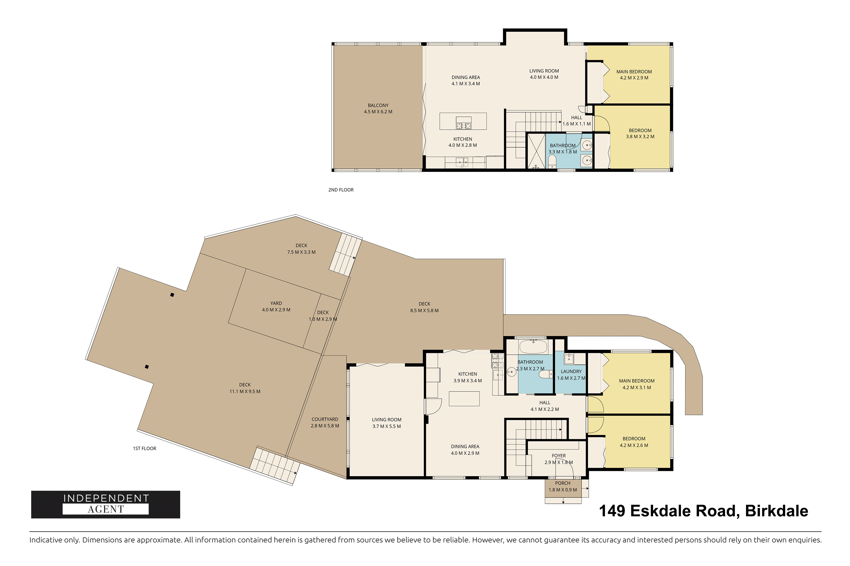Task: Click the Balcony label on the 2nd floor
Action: click(x=378, y=105)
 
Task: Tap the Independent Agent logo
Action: click(x=105, y=504)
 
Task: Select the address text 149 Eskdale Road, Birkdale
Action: click(x=704, y=511)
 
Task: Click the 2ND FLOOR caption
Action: click(x=341, y=190)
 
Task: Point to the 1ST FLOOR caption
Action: click(x=144, y=448)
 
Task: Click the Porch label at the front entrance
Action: click(x=563, y=483)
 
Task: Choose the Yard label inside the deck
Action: click(x=276, y=303)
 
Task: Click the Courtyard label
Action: click(x=325, y=419)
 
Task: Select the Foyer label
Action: click(x=559, y=456)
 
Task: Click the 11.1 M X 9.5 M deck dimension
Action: click(x=245, y=391)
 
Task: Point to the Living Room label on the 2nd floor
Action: click(x=544, y=71)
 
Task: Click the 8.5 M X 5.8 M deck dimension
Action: click(x=424, y=310)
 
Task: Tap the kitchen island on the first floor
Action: click(x=464, y=398)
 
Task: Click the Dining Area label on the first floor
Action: click(x=465, y=447)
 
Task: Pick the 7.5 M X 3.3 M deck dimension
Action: click(x=301, y=252)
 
